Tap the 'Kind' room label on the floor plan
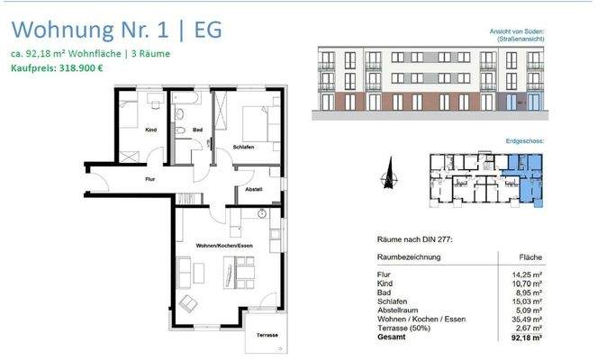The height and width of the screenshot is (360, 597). pyautogui.click(x=151, y=131)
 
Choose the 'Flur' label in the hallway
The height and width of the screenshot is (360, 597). pyautogui.click(x=150, y=179)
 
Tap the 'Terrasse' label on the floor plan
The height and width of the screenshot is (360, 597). pyautogui.click(x=267, y=335)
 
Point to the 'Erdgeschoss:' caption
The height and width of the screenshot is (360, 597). pyautogui.click(x=525, y=141)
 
